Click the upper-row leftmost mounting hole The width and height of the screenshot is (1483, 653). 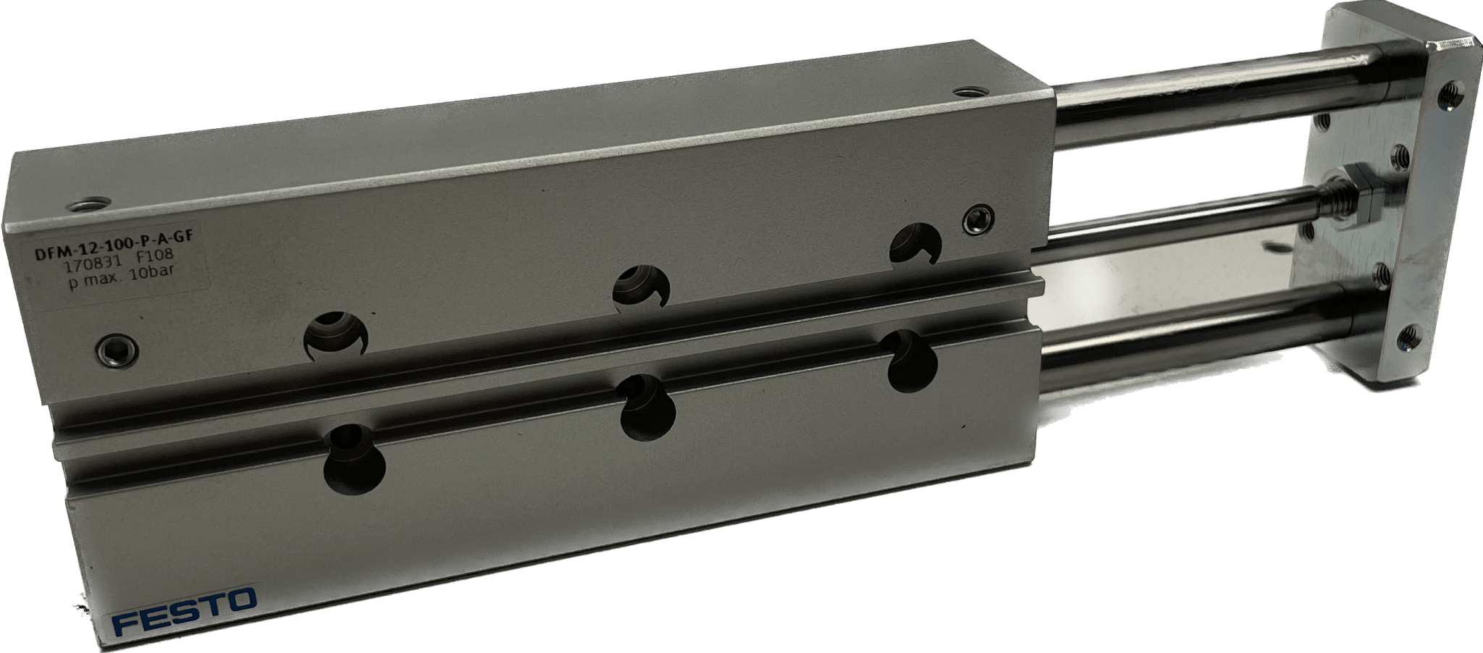point(337,335)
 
